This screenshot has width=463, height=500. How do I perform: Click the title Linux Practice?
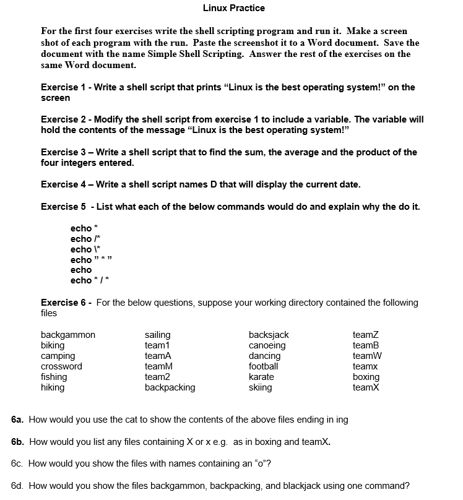pyautogui.click(x=233, y=8)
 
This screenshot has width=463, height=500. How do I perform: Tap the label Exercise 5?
pyautogui.click(x=63, y=207)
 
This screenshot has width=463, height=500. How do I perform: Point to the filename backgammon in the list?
pyautogui.click(x=68, y=335)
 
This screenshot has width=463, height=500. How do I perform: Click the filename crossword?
pyautogui.click(x=61, y=366)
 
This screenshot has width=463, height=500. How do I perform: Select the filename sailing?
pyautogui.click(x=157, y=335)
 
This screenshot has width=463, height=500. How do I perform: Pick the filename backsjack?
pyautogui.click(x=269, y=335)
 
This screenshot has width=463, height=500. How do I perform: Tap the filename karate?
pyautogui.click(x=261, y=377)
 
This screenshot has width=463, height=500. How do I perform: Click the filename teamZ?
pyautogui.click(x=366, y=335)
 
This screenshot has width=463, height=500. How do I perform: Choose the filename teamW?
pyautogui.click(x=367, y=356)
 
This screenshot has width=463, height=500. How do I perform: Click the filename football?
pyautogui.click(x=263, y=366)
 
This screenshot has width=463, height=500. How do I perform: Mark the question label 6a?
pyautogui.click(x=17, y=420)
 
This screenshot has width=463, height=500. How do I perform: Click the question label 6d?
pyautogui.click(x=17, y=485)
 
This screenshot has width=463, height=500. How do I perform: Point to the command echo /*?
pyautogui.click(x=85, y=239)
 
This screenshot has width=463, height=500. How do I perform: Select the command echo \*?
pyautogui.click(x=85, y=249)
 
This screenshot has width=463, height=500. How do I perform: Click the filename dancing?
pyautogui.click(x=264, y=356)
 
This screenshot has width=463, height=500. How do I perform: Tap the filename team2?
pyautogui.click(x=157, y=377)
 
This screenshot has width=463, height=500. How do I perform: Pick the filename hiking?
pyautogui.click(x=53, y=387)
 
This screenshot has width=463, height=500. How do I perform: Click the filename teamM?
pyautogui.click(x=158, y=366)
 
